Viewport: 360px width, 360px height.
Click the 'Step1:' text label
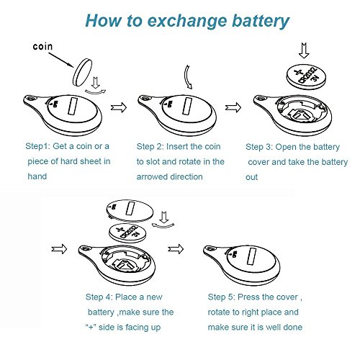point(38,145)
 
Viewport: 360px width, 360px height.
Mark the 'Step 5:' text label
point(223,297)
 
